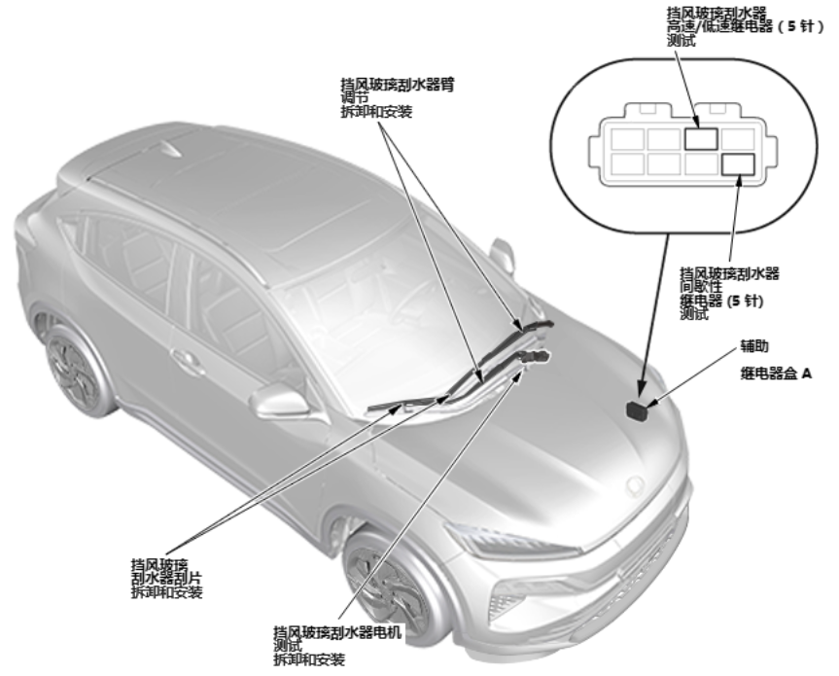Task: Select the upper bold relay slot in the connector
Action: coord(701,138)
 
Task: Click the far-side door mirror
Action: coord(503,255)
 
